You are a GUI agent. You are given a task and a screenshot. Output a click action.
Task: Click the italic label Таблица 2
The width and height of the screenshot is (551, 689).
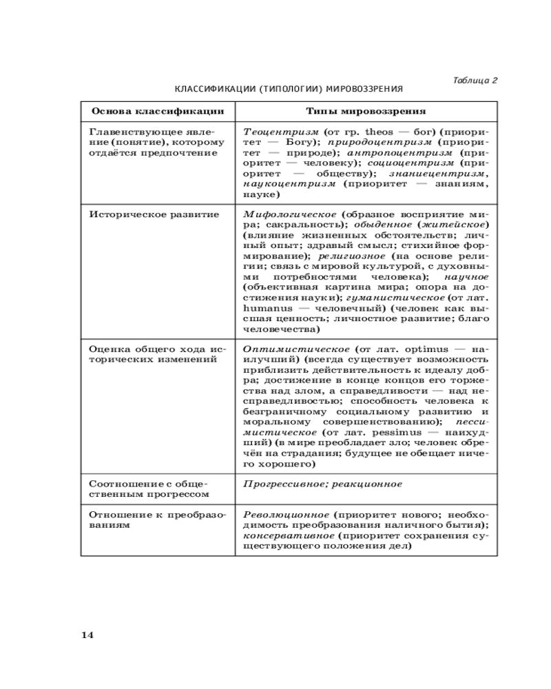tap(475, 80)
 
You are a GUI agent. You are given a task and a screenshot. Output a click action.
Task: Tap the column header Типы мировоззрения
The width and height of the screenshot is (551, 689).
tap(366, 111)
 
